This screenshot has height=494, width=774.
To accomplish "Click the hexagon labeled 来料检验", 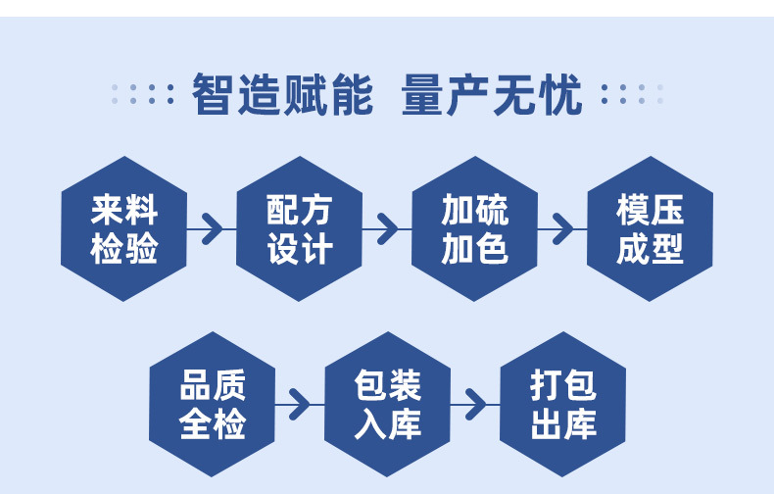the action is (x=123, y=228).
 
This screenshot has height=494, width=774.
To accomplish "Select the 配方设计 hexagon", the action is (x=299, y=228).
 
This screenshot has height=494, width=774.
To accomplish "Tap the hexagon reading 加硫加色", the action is (x=474, y=228).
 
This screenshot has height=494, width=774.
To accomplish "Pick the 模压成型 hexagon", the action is (x=650, y=228).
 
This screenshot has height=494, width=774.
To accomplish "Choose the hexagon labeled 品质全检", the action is (x=212, y=404).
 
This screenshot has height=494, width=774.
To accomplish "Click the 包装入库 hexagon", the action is (x=387, y=404).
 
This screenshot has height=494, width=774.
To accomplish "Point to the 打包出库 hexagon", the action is (x=562, y=404).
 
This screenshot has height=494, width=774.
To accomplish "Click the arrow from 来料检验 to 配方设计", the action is (x=211, y=229).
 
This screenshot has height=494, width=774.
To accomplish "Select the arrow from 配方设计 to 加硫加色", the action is (x=386, y=229).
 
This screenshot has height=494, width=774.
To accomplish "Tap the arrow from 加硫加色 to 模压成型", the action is (x=561, y=229).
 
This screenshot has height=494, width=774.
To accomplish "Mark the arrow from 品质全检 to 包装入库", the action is (x=298, y=404).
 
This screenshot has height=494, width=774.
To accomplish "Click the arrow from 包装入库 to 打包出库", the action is (x=474, y=404).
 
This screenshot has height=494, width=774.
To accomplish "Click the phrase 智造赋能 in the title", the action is (x=282, y=95).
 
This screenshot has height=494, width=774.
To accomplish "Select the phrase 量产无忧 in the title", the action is (x=492, y=95).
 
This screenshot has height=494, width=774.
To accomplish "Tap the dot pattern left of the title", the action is (x=143, y=95).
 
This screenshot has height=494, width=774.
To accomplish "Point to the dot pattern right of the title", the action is (x=632, y=95).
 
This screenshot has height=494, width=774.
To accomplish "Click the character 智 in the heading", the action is (x=213, y=95).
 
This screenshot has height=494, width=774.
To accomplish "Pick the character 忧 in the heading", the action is (x=561, y=95).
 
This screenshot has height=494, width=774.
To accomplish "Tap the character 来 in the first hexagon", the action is (x=107, y=210).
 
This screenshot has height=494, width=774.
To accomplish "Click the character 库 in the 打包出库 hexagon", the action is (x=580, y=423).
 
